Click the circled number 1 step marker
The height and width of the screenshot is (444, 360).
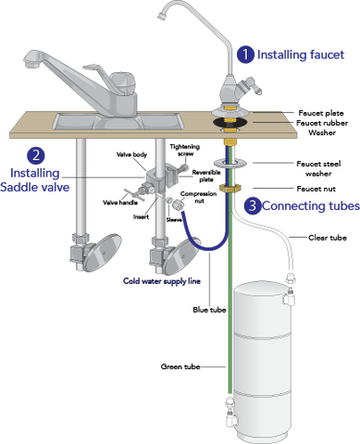[x=245, y=55]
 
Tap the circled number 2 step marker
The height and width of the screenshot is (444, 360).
[x=36, y=155]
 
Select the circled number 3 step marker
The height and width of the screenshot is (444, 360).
[x=253, y=205]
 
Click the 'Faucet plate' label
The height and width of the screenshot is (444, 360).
[x=321, y=113]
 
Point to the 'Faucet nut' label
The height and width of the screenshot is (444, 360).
[x=316, y=189]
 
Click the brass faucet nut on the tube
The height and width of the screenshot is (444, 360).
[x=230, y=188]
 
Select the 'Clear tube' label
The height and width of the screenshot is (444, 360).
[x=328, y=238]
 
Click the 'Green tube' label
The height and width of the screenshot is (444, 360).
[x=180, y=366]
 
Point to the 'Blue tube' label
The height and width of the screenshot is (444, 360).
[x=209, y=310]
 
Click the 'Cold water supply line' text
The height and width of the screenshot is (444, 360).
[x=162, y=281]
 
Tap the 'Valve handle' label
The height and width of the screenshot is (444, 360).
[x=120, y=203]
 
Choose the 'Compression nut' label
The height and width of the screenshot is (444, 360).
[x=198, y=197]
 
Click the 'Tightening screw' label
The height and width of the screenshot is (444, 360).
[x=185, y=150]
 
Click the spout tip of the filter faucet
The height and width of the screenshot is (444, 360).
[x=161, y=16]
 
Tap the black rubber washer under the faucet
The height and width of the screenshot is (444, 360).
[x=230, y=122]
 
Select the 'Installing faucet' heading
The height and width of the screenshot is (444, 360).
[x=301, y=55]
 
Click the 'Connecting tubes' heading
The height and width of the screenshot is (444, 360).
[x=311, y=205]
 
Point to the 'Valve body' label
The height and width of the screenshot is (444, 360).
[x=131, y=154]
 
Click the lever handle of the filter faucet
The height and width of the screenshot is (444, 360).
[x=251, y=85]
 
